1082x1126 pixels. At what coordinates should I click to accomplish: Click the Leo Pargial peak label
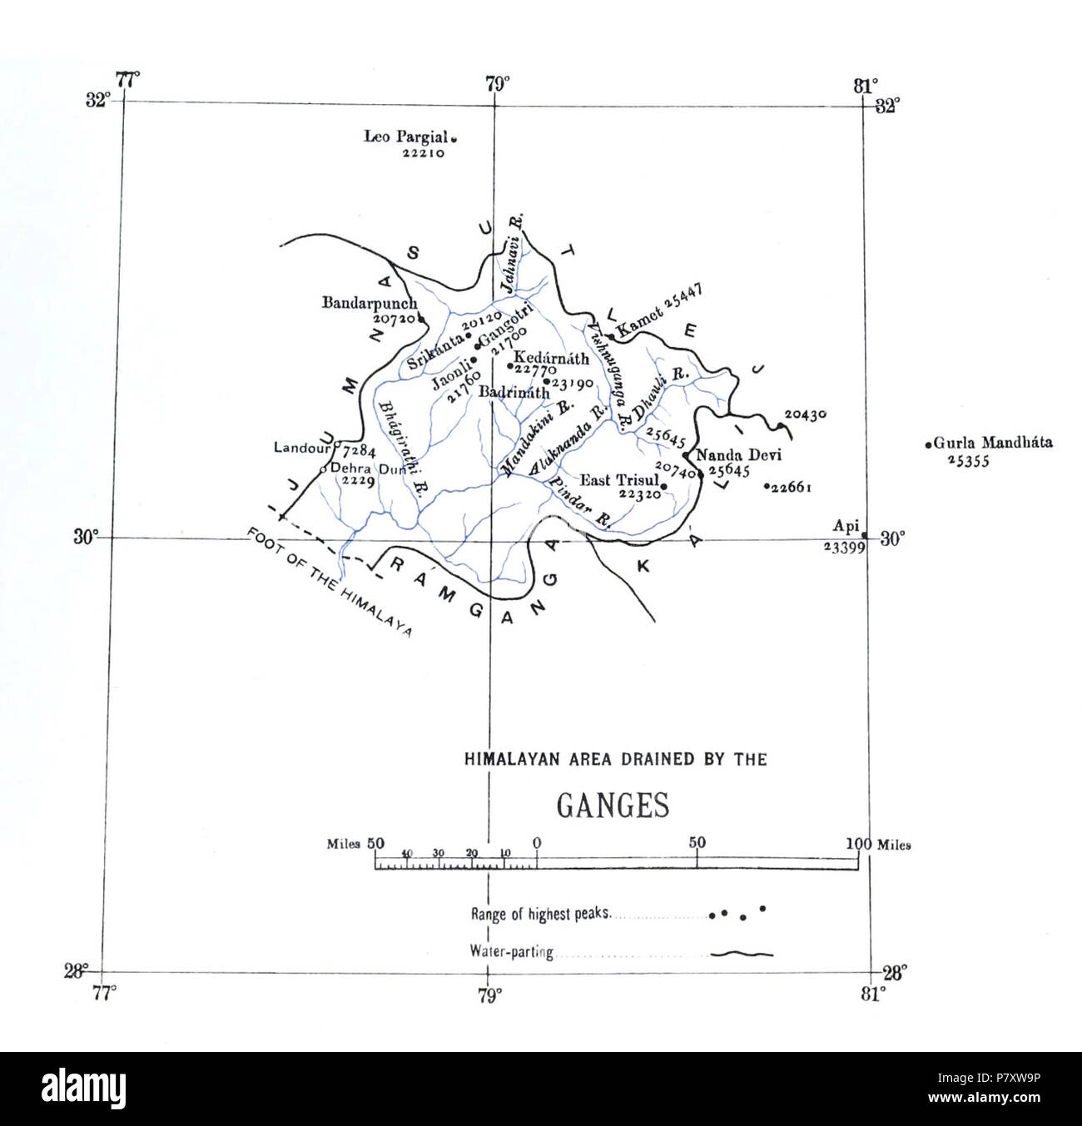[x=405, y=137]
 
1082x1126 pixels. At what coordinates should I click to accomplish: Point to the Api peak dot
[x=864, y=535]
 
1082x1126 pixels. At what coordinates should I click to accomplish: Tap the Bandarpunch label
[x=369, y=304]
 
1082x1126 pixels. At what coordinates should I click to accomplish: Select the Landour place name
[x=300, y=448]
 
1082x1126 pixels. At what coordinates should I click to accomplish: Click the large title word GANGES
[x=612, y=805]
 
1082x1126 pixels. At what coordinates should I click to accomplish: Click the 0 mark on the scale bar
[x=537, y=844]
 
